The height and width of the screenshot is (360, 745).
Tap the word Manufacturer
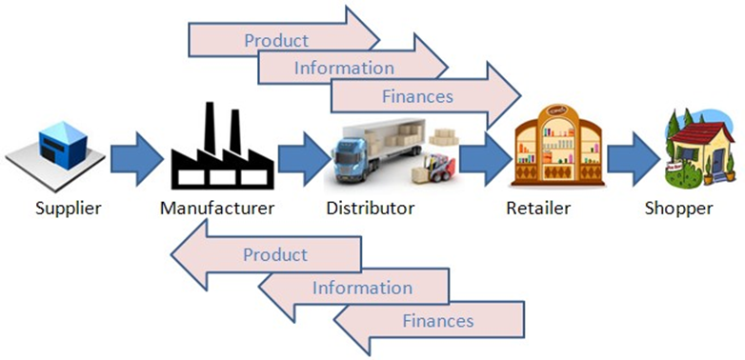(x=218, y=207)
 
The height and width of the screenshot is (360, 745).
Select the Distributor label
(x=371, y=207)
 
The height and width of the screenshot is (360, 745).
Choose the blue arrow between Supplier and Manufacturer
(x=136, y=156)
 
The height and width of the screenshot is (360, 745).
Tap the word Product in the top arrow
(x=276, y=40)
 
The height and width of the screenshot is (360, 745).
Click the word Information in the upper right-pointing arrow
(x=344, y=68)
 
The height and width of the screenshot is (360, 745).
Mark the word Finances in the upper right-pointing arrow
(x=416, y=96)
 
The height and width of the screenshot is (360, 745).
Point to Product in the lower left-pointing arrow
(x=275, y=254)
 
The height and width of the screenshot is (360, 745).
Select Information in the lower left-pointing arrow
(x=363, y=288)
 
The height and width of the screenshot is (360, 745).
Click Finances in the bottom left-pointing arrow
(x=438, y=320)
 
